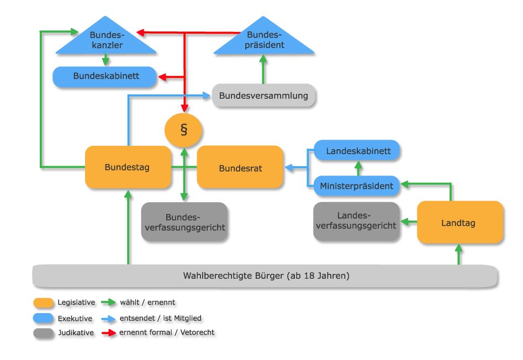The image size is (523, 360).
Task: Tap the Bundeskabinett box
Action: coord(104,76)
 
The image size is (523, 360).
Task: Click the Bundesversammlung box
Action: coord(263,96)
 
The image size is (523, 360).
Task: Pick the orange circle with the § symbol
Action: coord(183,130)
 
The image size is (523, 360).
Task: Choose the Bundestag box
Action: coord(128,167)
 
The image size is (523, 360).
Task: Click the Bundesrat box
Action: coord(240,168)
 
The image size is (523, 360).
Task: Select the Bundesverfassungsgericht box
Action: coord(184,221)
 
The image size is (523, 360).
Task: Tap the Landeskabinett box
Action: coord(357,151)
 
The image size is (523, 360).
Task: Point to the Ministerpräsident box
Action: coord(357,186)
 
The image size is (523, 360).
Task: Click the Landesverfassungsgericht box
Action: coord(357,221)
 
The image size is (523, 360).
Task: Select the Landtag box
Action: coord(460,223)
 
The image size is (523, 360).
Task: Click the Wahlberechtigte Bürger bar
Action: coord(265,276)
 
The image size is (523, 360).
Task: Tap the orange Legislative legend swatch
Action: coord(44,303)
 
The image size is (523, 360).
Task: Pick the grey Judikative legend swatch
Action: coord(44,332)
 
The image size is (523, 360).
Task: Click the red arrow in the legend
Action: coord(109,332)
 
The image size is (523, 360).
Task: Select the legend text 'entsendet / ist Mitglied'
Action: coord(161,318)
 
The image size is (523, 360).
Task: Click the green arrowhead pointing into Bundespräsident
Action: coord(263,59)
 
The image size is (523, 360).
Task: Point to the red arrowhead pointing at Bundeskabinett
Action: coord(162,77)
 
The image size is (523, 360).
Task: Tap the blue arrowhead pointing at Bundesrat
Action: coord(289,168)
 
